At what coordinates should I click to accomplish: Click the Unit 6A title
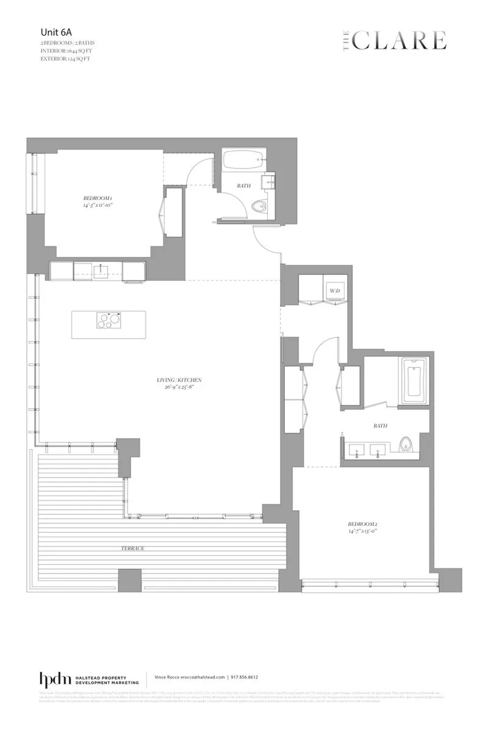click(x=53, y=33)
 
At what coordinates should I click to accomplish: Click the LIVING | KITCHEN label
click(x=178, y=380)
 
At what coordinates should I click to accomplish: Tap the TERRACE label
click(x=132, y=548)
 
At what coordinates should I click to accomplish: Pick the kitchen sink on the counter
click(x=98, y=270)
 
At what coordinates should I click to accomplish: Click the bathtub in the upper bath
click(x=242, y=160)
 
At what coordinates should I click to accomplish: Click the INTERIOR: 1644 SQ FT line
click(x=67, y=51)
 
